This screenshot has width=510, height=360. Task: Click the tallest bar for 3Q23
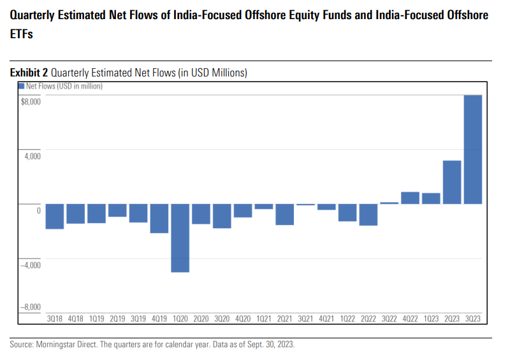click(472, 149)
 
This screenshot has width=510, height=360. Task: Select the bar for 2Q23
click(452, 182)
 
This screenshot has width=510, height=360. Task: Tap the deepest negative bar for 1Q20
click(180, 238)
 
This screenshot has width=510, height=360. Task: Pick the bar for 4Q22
click(410, 198)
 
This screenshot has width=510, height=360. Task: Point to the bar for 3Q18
click(55, 216)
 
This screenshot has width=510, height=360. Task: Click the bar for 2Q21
click(285, 214)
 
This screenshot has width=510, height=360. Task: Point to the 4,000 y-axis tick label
click(32, 156)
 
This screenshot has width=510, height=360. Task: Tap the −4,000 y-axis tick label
click(31, 264)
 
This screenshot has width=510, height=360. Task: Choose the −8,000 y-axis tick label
click(31, 307)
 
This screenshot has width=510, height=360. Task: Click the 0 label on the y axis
click(38, 210)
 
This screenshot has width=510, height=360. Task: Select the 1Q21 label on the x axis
click(264, 318)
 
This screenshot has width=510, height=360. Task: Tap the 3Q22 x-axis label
click(389, 318)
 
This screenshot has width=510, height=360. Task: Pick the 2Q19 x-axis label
click(117, 318)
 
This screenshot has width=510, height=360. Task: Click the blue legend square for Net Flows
click(22, 85)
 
